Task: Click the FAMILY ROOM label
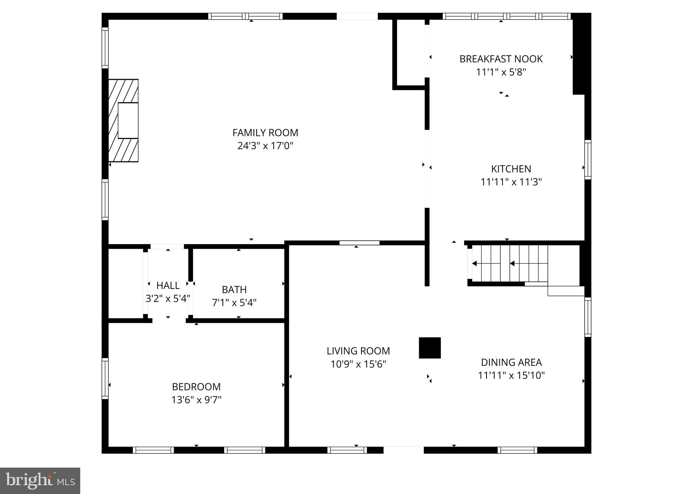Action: click(x=265, y=133)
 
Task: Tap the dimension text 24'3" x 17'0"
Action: click(x=265, y=146)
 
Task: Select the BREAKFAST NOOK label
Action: click(x=501, y=59)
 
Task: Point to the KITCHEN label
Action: click(x=511, y=169)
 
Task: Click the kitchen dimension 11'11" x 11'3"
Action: click(x=511, y=182)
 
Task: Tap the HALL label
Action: click(x=168, y=286)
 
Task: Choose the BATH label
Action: click(x=234, y=290)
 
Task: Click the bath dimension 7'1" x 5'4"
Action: click(x=234, y=302)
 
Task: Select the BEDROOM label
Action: click(x=196, y=387)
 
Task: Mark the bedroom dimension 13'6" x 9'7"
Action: click(x=196, y=400)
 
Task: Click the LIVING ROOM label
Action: click(x=358, y=351)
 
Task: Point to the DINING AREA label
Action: click(x=511, y=362)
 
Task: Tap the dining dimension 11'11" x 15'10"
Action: click(x=511, y=376)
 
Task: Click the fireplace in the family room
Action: click(x=124, y=120)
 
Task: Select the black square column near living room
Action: click(x=430, y=348)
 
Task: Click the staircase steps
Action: click(x=510, y=263)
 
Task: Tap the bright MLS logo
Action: click(x=40, y=481)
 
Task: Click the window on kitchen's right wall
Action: click(x=588, y=159)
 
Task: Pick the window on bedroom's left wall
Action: click(x=105, y=378)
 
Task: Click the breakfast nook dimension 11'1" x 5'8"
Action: click(x=501, y=72)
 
